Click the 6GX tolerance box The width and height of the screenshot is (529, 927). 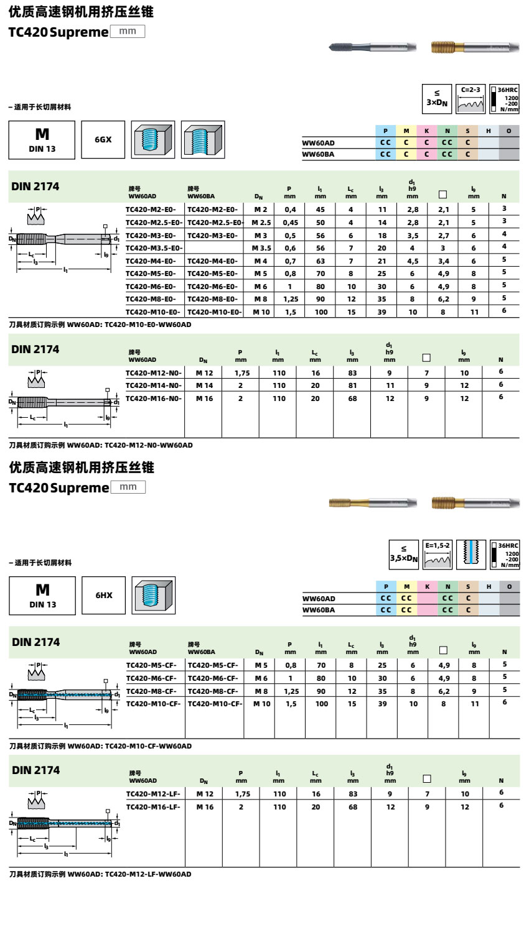pyautogui.click(x=103, y=140)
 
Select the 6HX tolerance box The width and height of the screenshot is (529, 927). pyautogui.click(x=104, y=596)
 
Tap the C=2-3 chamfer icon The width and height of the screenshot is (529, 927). pyautogui.click(x=470, y=99)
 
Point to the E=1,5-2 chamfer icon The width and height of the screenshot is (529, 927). pyautogui.click(x=438, y=554)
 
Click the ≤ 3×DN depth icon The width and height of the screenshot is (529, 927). pyautogui.click(x=437, y=99)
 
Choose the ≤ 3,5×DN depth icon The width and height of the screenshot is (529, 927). pyautogui.click(x=404, y=554)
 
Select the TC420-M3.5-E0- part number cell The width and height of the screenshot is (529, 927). pyautogui.click(x=154, y=248)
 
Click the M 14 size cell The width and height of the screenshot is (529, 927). pyautogui.click(x=204, y=385)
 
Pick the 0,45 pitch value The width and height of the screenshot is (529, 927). pyautogui.click(x=290, y=223)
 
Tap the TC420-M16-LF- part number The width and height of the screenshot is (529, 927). pyautogui.click(x=154, y=807)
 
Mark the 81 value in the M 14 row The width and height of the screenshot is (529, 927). pyautogui.click(x=352, y=385)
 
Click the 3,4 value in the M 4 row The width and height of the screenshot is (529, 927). pyautogui.click(x=443, y=261)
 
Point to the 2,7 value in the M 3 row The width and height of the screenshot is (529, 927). pyautogui.click(x=443, y=236)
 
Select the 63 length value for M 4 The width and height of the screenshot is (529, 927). pyautogui.click(x=321, y=261)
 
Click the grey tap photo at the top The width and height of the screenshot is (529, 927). pyautogui.click(x=372, y=47)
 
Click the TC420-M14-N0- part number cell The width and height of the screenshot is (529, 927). pyautogui.click(x=154, y=385)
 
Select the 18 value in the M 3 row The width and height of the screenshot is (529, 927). pyautogui.click(x=382, y=236)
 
